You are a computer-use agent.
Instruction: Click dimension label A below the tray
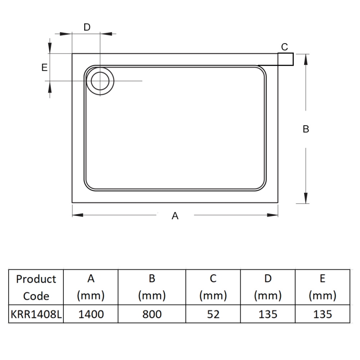[x=175, y=216]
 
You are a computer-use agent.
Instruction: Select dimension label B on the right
[x=306, y=129]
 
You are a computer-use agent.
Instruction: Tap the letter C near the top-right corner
[x=284, y=47]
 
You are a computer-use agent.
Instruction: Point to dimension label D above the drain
[x=87, y=27]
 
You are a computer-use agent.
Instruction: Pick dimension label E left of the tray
[x=44, y=67]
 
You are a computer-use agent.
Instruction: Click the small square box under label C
[x=285, y=59]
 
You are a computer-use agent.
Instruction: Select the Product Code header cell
[x=36, y=287]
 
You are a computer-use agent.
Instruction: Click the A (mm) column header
[x=91, y=287]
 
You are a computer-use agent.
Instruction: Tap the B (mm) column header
[x=152, y=287]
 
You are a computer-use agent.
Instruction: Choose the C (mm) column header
[x=213, y=287]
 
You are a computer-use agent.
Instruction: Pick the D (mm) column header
[x=268, y=287]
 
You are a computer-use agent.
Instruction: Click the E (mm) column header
[x=323, y=287]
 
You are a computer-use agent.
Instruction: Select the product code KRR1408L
[x=36, y=314]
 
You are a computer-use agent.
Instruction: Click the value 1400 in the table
[x=91, y=314]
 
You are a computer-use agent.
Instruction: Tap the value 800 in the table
[x=152, y=314]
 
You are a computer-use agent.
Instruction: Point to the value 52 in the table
[x=213, y=314]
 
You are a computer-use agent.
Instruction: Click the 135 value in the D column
[x=268, y=314]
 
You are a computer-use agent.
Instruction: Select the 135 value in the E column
[x=323, y=314]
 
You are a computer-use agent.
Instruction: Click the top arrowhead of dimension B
[x=306, y=58]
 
